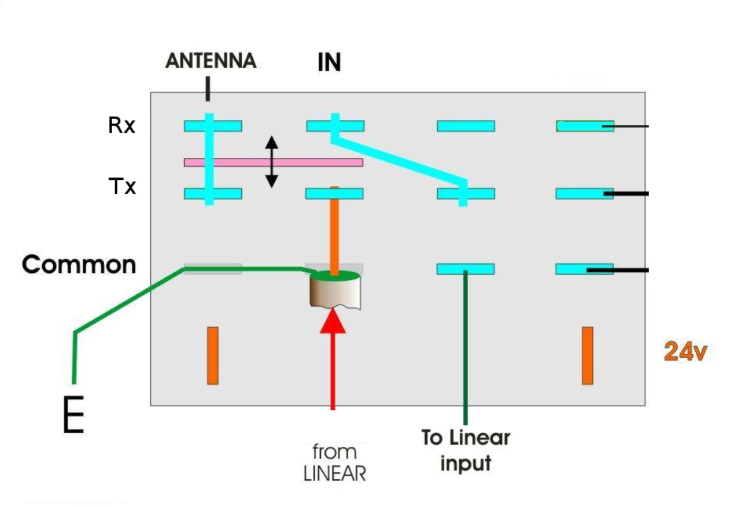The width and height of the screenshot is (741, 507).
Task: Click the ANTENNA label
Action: pos(211,60)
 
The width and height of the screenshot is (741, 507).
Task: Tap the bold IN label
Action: pos(329,63)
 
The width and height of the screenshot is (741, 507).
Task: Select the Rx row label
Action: pos(121,125)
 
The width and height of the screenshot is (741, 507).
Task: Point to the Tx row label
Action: pos(122,186)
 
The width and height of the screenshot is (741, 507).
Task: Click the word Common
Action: pos(79,265)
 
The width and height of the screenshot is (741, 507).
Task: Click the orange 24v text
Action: pos(685,351)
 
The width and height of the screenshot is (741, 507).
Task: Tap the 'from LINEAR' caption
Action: pos(335,462)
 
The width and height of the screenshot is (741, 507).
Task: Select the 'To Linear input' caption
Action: pos(465,450)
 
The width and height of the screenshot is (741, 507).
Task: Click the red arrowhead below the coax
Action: pos(333,321)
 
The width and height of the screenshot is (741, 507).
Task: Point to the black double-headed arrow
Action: pos(271,161)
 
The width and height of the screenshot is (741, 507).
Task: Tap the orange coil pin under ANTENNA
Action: pos(213,355)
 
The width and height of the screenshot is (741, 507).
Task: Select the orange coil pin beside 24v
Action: pos(588,355)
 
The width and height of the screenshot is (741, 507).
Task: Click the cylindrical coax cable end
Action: pos(334,292)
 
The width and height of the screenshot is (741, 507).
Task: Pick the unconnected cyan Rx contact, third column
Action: pos(466,126)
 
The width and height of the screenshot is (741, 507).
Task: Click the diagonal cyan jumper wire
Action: pos(399,158)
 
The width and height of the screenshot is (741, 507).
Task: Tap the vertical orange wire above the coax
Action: pos(334,231)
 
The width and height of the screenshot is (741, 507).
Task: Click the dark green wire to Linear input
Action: pos(466,347)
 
